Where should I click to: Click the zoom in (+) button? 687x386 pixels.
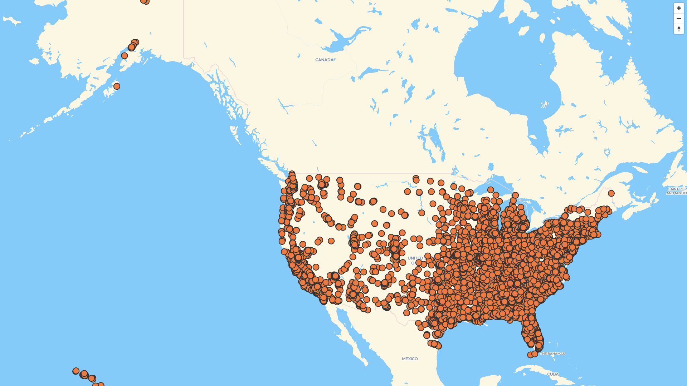[679, 8]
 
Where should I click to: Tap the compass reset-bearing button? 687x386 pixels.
[679, 29]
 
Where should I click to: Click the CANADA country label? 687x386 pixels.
[324, 60]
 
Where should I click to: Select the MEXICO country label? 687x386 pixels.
[410, 359]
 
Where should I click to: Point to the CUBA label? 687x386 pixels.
[553, 374]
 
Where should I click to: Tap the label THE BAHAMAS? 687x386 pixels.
[552, 354]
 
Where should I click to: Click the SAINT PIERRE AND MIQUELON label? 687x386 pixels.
[677, 191]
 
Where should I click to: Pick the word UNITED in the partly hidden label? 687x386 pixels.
[415, 258]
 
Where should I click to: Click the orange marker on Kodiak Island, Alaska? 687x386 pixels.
[117, 86]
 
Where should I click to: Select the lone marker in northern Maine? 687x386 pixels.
[611, 193]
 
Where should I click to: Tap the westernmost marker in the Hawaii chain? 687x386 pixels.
[76, 371]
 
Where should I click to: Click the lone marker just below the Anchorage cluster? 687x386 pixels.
[125, 56]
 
